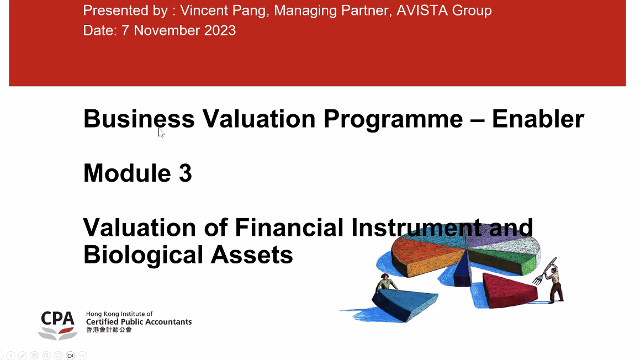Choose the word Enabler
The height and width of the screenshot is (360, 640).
tap(538, 119)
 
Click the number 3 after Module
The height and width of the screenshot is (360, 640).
tap(185, 173)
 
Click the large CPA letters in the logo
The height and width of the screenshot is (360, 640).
tap(57, 319)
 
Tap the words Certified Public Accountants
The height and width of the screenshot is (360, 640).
tap(139, 321)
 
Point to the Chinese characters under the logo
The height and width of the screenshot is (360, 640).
tap(109, 330)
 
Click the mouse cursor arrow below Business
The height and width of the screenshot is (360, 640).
tap(161, 133)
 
